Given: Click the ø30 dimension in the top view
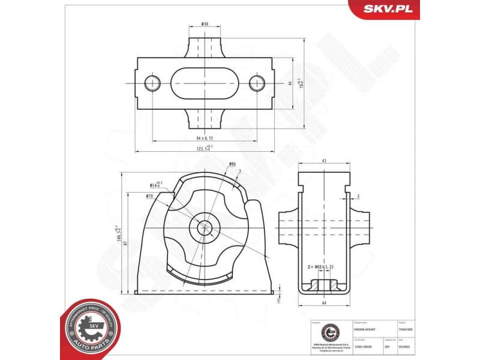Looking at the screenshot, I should coord(205,25).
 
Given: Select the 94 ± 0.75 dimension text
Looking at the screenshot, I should coord(205,137).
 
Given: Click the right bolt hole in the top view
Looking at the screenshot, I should coord(257,83).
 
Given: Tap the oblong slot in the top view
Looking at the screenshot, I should coord(205,83).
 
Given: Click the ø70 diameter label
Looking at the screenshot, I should coord(150,196).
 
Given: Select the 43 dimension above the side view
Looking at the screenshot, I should coord(324,161).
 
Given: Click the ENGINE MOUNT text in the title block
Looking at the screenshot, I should coord(366,329).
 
